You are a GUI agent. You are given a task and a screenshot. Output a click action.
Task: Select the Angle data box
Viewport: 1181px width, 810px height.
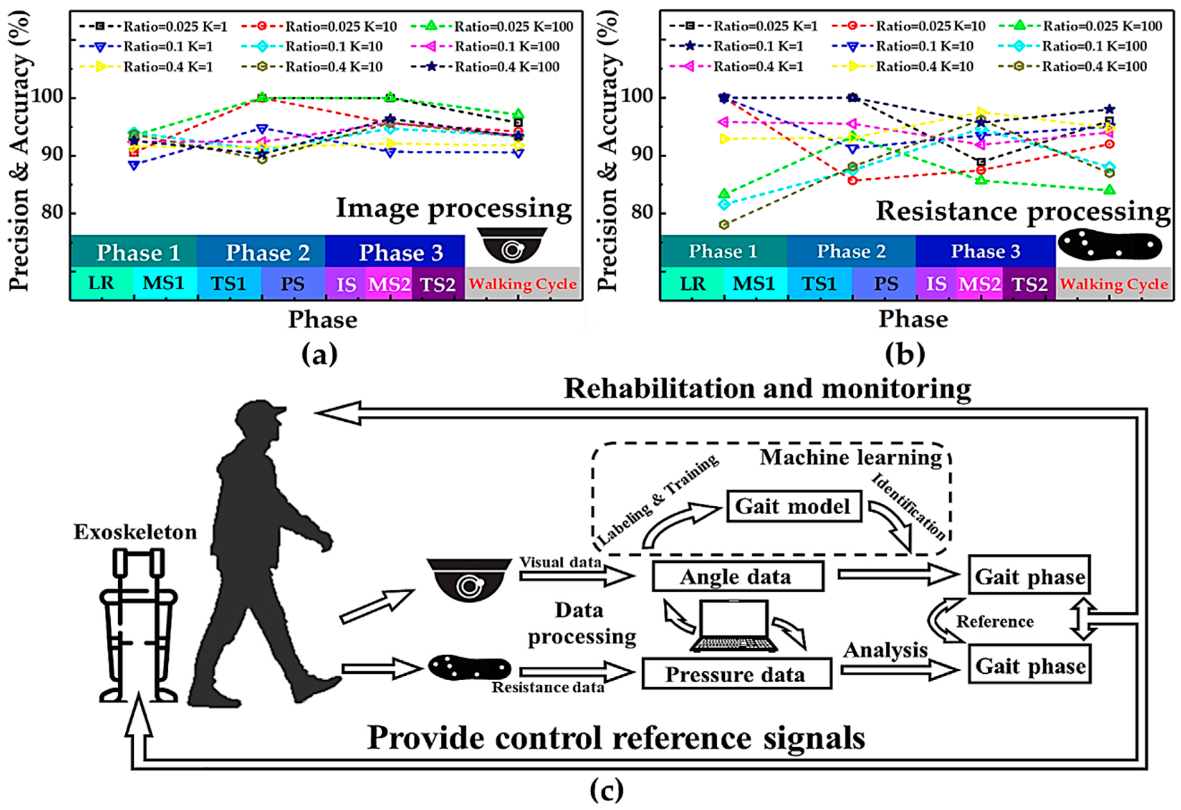(737, 576)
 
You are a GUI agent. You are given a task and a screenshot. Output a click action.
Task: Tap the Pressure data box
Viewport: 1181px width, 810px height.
(736, 674)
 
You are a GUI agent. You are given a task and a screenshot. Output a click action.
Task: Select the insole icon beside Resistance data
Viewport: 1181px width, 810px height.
(469, 667)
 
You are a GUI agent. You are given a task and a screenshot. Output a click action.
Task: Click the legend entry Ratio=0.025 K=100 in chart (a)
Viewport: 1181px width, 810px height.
(513, 26)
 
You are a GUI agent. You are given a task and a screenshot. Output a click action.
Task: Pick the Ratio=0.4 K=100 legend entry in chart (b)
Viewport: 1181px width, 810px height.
(1094, 67)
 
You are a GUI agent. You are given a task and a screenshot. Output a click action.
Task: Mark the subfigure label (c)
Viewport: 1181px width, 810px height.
(607, 790)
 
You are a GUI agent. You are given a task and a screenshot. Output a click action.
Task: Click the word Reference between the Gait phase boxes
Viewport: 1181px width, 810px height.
(994, 622)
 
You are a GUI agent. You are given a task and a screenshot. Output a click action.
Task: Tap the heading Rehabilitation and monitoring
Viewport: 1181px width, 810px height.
(767, 389)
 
